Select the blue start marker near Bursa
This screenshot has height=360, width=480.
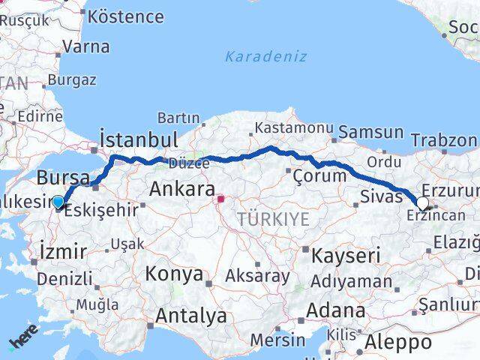(x=58, y=201)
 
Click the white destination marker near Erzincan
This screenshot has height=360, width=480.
(x=423, y=203)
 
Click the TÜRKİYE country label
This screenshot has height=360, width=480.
(x=274, y=218)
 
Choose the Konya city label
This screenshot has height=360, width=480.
(x=174, y=274)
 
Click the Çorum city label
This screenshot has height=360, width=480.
(x=320, y=175)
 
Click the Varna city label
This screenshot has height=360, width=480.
(x=86, y=46)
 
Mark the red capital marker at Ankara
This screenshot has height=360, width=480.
(x=220, y=199)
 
